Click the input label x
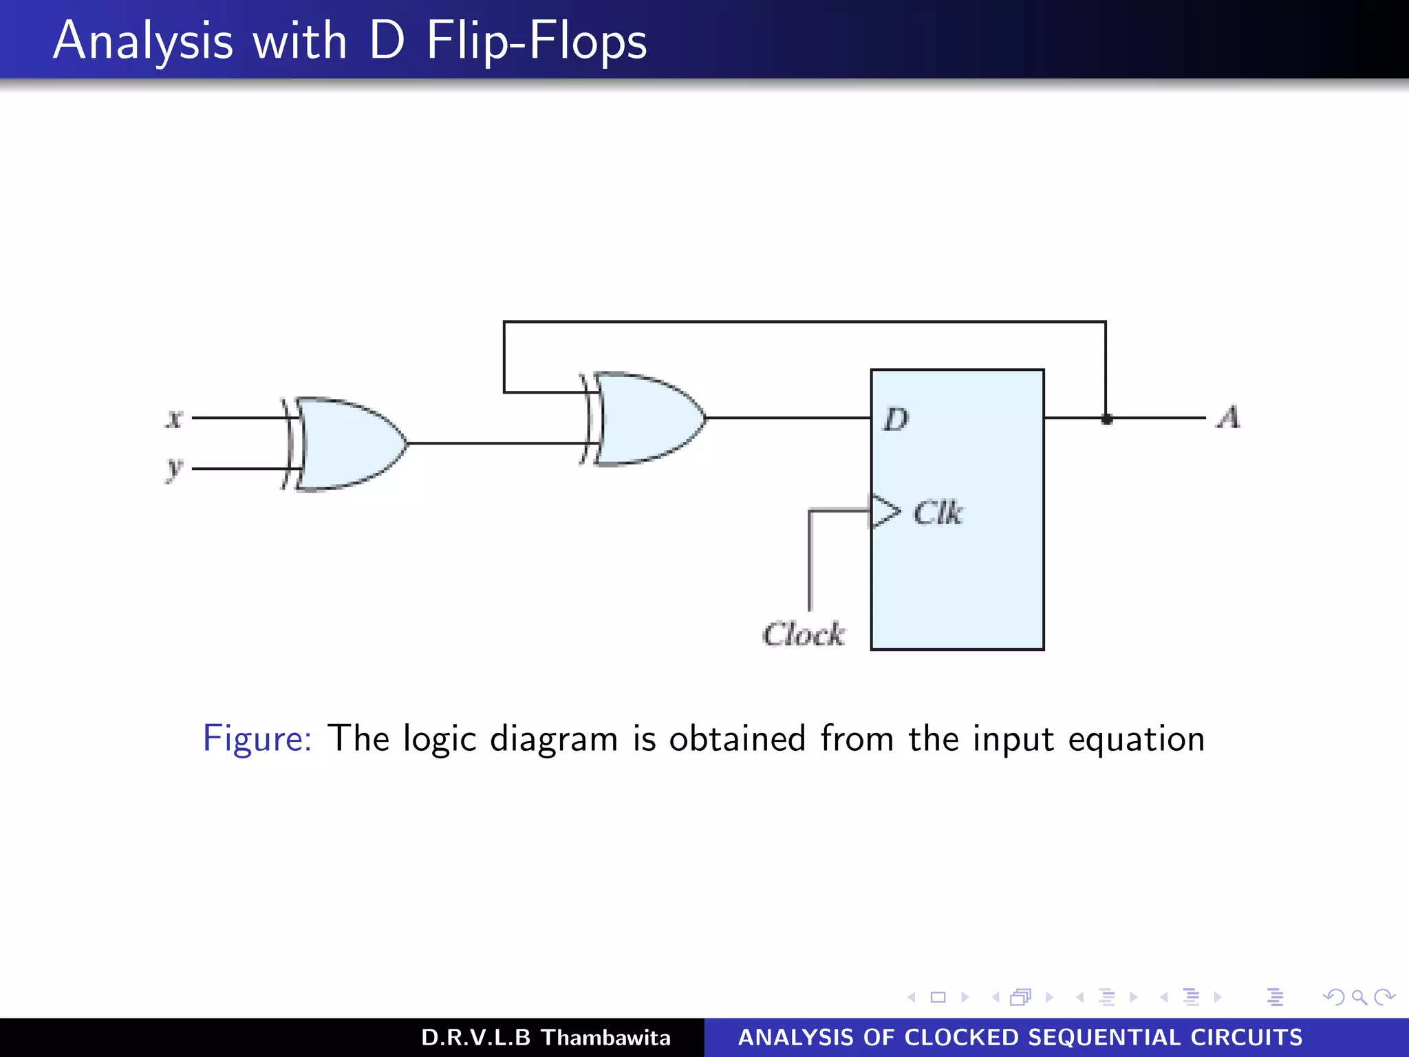pos(175,418)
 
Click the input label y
pos(175,469)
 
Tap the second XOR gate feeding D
pos(647,418)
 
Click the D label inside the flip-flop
pos(896,418)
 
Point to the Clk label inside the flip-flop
pos(938,513)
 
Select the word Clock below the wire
pos(804,634)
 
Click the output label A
pos(1228,417)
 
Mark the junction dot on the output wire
pos(1106,418)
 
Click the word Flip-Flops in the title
pos(537,41)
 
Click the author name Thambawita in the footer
pos(605,1037)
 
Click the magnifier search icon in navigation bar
pos(1359,997)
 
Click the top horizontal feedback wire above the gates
pos(805,321)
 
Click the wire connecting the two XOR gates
pos(495,443)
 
